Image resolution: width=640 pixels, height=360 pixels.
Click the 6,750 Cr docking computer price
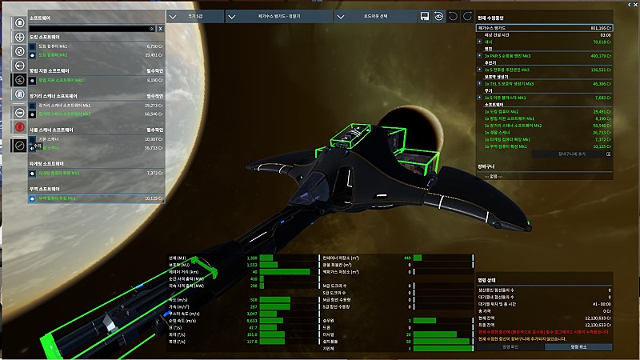(x=154, y=46)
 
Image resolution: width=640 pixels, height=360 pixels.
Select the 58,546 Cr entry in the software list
(x=154, y=114)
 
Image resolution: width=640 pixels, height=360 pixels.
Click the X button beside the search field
(x=160, y=28)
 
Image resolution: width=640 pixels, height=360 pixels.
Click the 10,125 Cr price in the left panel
(x=154, y=198)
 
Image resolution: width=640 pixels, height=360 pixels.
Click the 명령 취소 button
(x=578, y=346)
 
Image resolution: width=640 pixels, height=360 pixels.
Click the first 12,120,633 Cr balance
(x=594, y=318)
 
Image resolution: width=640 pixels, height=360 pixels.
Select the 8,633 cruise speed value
(x=249, y=319)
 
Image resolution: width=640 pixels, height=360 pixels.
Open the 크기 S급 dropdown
(x=196, y=16)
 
